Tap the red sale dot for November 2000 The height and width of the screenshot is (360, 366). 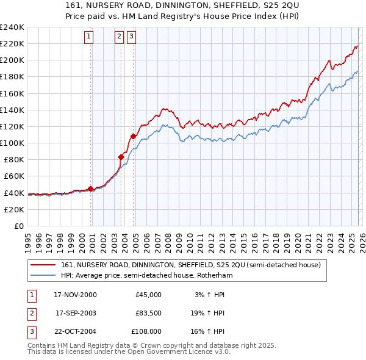click(91, 189)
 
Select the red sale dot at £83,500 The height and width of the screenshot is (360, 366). click(121, 157)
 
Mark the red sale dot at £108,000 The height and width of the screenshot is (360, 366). click(133, 136)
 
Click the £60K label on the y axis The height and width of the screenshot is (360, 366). click(13, 176)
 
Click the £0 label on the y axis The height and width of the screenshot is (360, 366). click(19, 226)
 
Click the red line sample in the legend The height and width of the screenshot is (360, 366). click(43, 265)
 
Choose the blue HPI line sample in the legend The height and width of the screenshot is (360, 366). click(43, 276)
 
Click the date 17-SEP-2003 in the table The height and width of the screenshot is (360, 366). click(75, 313)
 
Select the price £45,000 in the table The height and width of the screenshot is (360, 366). click(148, 295)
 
